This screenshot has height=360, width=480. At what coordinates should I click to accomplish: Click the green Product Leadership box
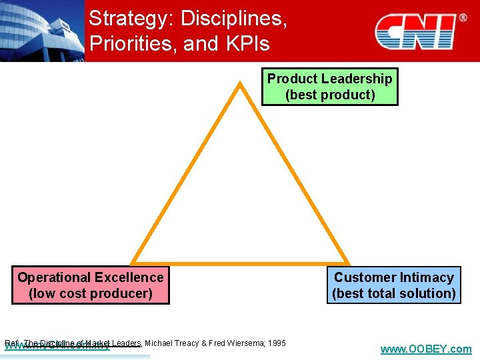329,87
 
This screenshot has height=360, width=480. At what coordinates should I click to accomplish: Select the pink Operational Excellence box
91,285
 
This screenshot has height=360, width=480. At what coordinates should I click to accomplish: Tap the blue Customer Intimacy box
394,285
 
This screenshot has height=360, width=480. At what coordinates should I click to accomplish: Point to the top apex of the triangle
239,83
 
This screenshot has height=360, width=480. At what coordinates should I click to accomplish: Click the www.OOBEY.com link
425,349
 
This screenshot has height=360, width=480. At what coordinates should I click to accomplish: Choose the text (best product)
330,95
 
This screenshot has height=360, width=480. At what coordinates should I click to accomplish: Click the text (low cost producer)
91,293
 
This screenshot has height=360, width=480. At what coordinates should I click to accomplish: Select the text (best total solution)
394,293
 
